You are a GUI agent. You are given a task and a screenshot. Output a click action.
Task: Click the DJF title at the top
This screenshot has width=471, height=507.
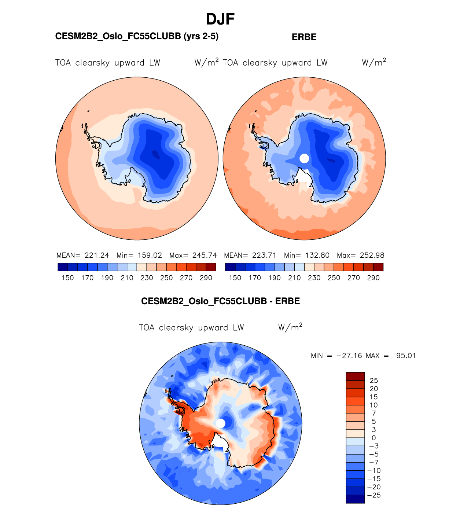pyautogui.click(x=220, y=19)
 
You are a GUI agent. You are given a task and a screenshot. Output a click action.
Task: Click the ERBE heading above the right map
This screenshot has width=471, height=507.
pyautogui.click(x=304, y=37)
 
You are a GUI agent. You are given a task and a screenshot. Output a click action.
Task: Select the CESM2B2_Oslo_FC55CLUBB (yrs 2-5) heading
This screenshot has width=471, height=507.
pyautogui.click(x=137, y=36)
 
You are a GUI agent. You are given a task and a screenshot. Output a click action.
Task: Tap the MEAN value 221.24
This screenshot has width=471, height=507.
pyautogui.click(x=97, y=256)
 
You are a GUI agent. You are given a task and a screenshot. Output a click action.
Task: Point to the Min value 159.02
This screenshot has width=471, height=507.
pyautogui.click(x=150, y=256)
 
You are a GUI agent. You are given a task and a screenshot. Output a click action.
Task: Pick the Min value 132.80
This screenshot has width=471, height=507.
pyautogui.click(x=317, y=256)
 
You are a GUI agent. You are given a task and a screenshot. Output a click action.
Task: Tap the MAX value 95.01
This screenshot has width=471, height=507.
pyautogui.click(x=406, y=356)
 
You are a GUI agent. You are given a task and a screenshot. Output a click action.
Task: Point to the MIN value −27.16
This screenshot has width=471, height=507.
pyautogui.click(x=349, y=356)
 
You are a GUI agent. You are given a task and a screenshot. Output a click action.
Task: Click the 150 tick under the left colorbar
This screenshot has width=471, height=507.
pyautogui.click(x=68, y=278)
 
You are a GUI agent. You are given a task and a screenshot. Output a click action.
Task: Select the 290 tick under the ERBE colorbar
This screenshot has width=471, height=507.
pyautogui.click(x=373, y=278)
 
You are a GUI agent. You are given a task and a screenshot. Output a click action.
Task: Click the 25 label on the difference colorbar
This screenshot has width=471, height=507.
pyautogui.click(x=374, y=381)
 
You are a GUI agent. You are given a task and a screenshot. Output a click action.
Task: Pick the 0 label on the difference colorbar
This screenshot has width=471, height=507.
pyautogui.click(x=374, y=438)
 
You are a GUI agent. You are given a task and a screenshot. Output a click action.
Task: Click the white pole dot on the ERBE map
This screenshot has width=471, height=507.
pyautogui.click(x=304, y=158)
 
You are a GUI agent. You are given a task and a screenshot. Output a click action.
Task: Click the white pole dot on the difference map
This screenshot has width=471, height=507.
pyautogui.click(x=220, y=423)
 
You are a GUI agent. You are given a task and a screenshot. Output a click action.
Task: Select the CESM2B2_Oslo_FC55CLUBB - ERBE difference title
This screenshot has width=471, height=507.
pyautogui.click(x=220, y=301)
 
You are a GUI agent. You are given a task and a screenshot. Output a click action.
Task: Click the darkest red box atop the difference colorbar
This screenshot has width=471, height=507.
pyautogui.click(x=355, y=376)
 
